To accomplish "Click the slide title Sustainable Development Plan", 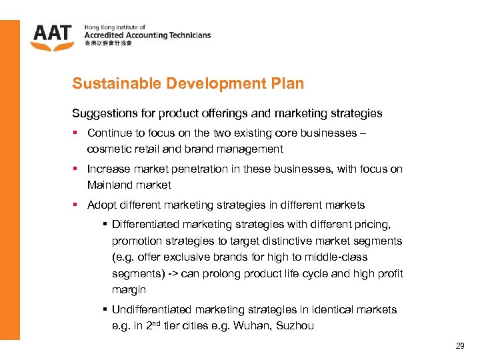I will click(x=188, y=84).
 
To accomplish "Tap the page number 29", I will click(x=459, y=346).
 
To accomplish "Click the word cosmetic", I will click(x=109, y=149).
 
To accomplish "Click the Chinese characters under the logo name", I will click(x=108, y=44).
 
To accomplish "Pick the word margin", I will click(x=129, y=289).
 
